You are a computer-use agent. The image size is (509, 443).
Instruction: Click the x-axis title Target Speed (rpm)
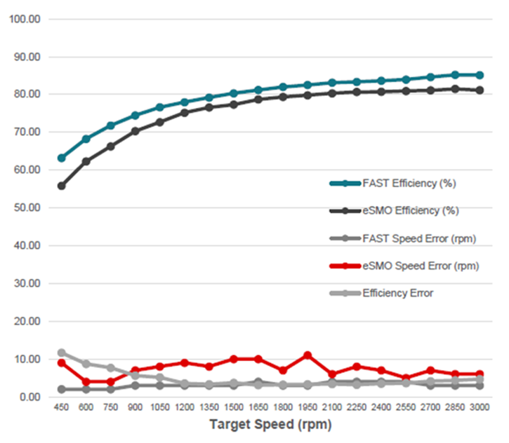point(270,425)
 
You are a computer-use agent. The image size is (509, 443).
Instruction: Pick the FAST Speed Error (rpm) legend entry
point(420,239)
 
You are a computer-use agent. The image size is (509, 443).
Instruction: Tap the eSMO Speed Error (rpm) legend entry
point(420,266)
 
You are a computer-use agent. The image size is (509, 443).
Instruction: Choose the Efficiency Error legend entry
point(397,294)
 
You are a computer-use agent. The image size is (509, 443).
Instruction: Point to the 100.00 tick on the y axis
point(25,19)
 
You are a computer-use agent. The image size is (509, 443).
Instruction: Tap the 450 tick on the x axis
point(62,408)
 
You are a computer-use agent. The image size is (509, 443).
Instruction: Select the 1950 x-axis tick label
point(308,408)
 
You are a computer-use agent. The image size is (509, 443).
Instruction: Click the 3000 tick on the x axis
point(480,408)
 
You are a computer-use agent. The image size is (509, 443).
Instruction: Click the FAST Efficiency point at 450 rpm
point(62,158)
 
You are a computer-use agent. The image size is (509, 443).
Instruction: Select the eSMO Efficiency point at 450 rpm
point(62,186)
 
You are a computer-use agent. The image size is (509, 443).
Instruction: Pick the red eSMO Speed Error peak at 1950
point(308,355)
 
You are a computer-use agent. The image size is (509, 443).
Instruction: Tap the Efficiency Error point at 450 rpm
point(62,353)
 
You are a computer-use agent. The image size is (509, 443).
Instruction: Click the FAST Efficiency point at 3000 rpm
point(480,75)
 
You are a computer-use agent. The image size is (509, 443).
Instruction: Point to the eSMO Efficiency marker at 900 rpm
point(135,131)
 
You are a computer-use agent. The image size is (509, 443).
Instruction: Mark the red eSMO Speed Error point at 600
point(86,382)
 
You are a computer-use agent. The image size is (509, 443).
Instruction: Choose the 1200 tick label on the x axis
point(185,408)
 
